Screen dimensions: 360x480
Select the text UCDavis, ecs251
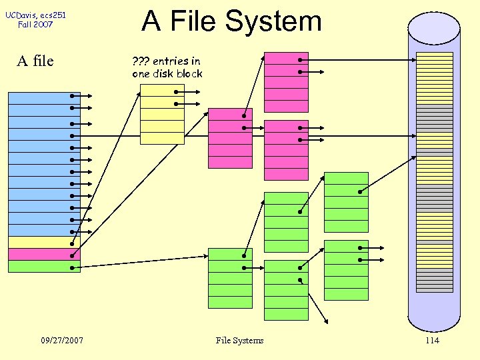point(36,15)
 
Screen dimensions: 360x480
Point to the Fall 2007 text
point(36,25)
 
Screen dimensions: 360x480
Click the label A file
point(35,61)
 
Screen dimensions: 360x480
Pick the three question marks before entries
point(141,61)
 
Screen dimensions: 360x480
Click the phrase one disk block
point(167,73)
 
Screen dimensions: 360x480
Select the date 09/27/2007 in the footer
point(62,341)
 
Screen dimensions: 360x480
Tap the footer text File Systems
point(239,341)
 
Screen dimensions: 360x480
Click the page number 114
point(432,341)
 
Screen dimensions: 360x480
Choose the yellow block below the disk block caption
point(162,114)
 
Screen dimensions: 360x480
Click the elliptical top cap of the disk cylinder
point(434,28)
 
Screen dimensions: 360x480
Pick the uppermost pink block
point(286,82)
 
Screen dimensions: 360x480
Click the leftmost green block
point(230,278)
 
